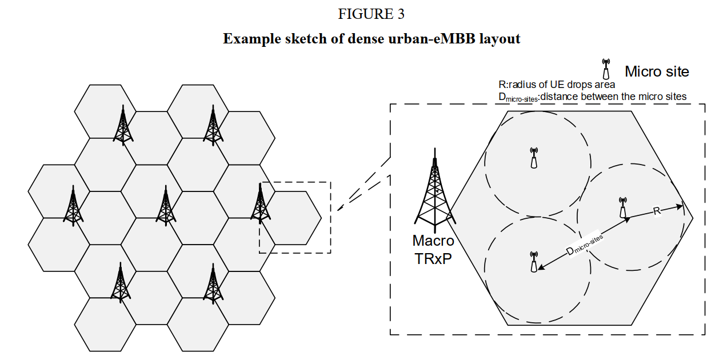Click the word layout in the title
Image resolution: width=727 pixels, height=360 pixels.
[500, 39]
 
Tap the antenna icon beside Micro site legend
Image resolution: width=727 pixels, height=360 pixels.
[606, 69]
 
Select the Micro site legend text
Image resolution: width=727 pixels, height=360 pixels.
[657, 72]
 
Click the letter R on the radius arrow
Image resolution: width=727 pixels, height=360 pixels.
[657, 211]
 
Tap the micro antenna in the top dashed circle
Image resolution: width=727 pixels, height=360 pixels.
[534, 158]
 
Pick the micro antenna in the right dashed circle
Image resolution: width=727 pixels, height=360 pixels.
[623, 208]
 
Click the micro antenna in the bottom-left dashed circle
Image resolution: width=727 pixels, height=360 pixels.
[534, 262]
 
